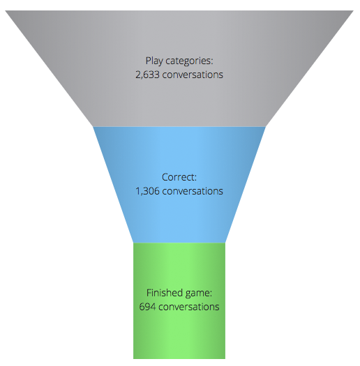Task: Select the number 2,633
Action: (147, 75)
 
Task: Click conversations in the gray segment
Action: (193, 75)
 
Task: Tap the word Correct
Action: (179, 177)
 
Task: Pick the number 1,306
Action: (147, 191)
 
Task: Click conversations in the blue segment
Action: (193, 191)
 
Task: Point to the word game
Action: (199, 293)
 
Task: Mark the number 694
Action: (147, 307)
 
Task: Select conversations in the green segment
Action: (189, 307)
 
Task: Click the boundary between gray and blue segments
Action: (179, 127)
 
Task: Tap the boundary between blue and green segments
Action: (179, 243)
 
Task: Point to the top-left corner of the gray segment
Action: (5, 10)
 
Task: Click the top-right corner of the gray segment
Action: (354, 10)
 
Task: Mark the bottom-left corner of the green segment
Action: (133, 359)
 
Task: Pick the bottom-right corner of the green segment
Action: (225, 359)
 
